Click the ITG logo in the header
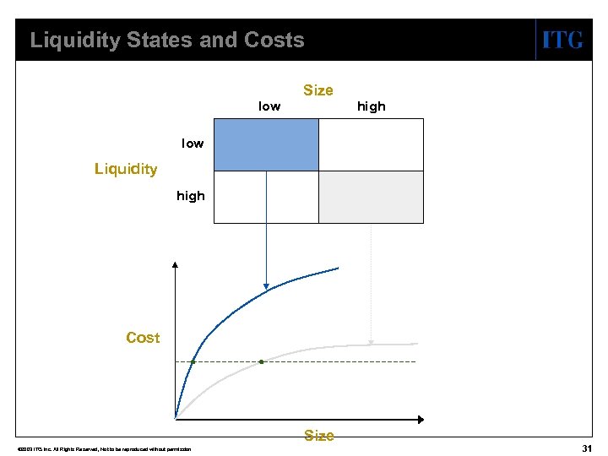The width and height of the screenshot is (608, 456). tap(562, 40)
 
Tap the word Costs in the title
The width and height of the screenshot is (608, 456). tap(274, 40)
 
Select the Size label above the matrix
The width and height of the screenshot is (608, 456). tap(318, 90)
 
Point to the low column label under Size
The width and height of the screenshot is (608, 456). tap(269, 106)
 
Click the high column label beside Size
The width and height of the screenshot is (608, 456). tap(371, 106)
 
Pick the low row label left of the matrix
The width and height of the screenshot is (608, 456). tap(193, 144)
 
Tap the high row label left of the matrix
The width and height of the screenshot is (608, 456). tap(191, 196)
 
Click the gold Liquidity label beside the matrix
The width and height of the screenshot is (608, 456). tap(126, 169)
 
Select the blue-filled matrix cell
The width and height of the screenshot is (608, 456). tap(266, 144)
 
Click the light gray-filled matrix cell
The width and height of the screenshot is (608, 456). tap(371, 197)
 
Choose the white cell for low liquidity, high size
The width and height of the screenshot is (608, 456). tap(371, 144)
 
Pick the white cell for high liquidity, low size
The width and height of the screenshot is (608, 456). tap(266, 197)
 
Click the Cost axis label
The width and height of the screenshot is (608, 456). tap(143, 338)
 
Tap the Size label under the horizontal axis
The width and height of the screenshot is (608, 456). tap(318, 436)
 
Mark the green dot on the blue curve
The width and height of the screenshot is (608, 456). tap(193, 361)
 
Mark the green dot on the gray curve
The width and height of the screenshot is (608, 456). tap(261, 361)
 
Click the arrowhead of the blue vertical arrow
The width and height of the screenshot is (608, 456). tap(266, 287)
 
